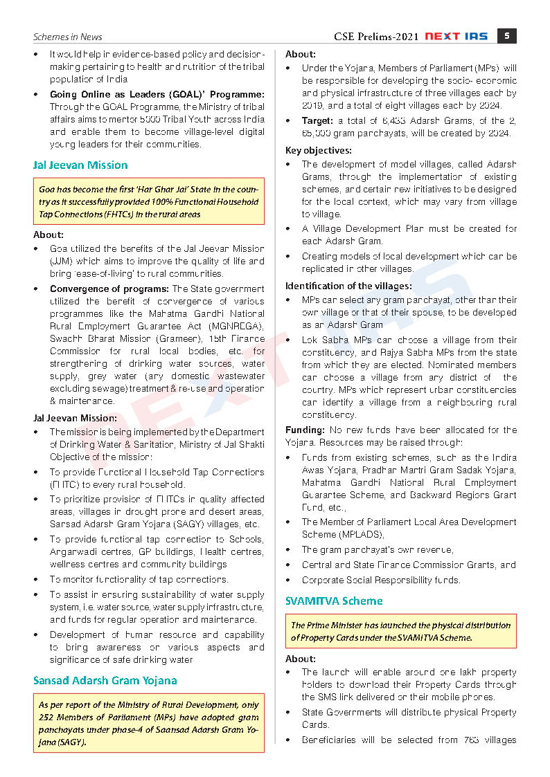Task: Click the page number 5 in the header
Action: [x=507, y=36]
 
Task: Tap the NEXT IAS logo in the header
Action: [x=456, y=36]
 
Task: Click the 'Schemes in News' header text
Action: [x=68, y=37]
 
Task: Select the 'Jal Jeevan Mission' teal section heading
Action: [x=80, y=165]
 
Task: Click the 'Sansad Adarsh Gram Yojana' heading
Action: [x=105, y=680]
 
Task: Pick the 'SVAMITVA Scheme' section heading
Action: [x=334, y=601]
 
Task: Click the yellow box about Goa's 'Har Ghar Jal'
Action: [x=149, y=201]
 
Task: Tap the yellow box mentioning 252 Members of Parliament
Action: [x=149, y=724]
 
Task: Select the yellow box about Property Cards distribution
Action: [x=401, y=631]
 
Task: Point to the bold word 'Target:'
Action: [x=318, y=120]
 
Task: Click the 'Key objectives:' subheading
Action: [x=319, y=150]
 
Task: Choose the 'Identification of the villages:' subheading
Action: [x=348, y=286]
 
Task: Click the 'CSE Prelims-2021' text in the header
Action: [x=376, y=37]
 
